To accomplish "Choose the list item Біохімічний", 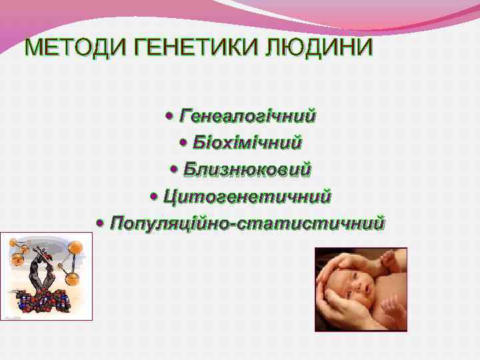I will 247,143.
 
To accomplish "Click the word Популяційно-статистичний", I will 247,222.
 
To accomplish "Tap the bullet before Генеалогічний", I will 169,117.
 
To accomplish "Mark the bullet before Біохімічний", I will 184,143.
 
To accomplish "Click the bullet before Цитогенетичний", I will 155,197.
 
